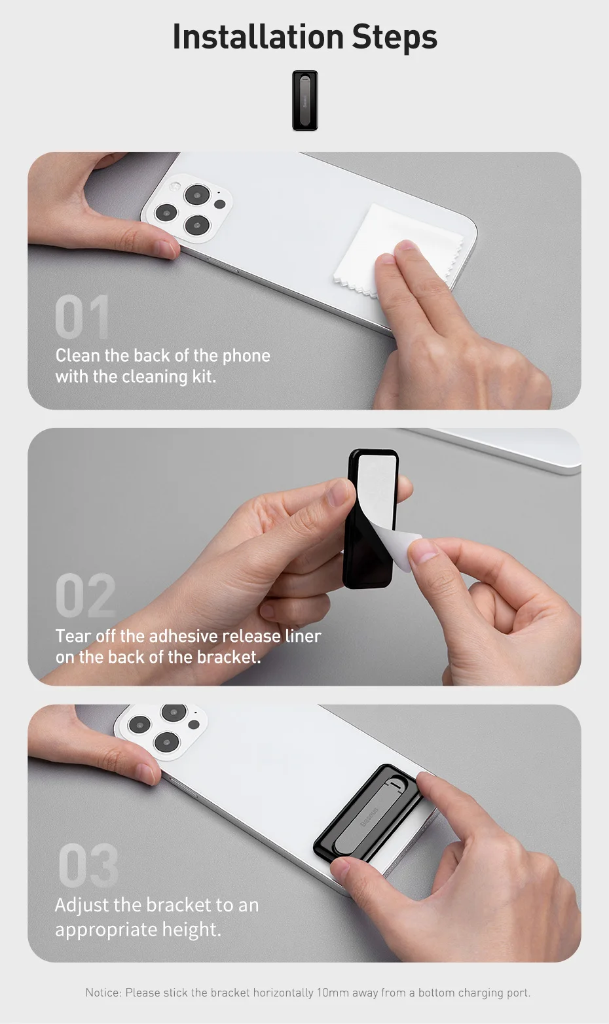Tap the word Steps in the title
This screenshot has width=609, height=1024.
pos(394,38)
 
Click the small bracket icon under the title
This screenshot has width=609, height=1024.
pos(304,100)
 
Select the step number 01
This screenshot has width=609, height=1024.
pos(82,317)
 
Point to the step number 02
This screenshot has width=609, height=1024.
pos(85,596)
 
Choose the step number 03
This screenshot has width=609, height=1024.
pos(88,866)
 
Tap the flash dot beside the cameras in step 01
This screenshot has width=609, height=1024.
pos(220,204)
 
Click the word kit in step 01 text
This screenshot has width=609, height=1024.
pos(203,377)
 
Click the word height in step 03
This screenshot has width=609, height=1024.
pos(194,930)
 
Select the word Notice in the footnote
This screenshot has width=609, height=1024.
pos(103,993)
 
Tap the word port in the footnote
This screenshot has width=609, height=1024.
pos(517,993)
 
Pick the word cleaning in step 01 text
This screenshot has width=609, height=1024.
pos(155,377)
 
